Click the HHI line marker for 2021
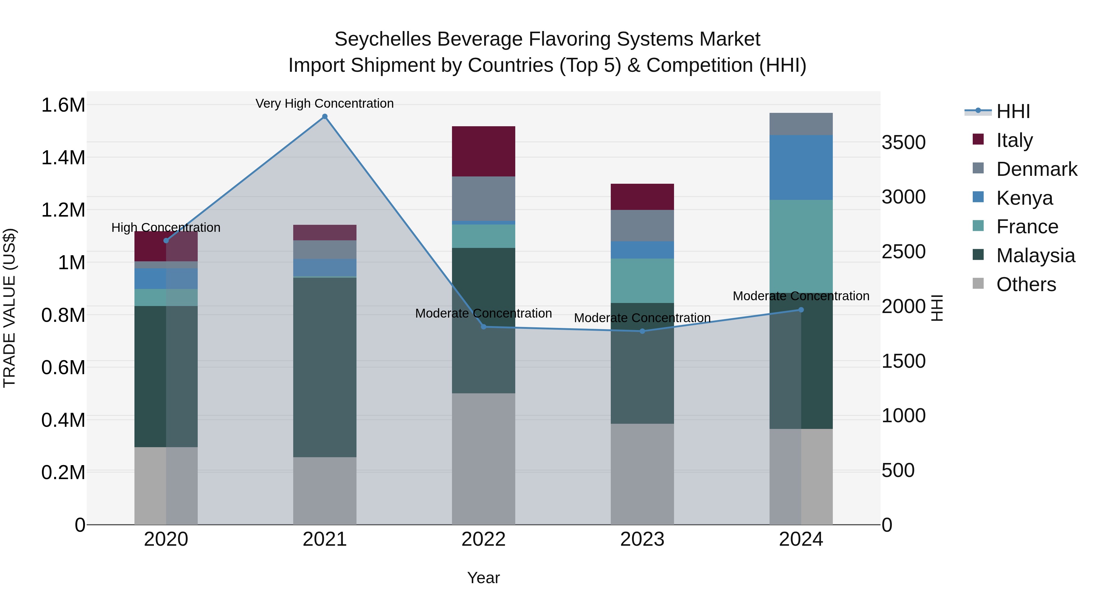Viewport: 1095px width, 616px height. [325, 117]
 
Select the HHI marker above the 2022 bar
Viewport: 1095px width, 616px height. [483, 326]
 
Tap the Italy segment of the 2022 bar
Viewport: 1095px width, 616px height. [483, 151]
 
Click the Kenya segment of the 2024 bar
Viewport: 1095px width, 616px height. [801, 168]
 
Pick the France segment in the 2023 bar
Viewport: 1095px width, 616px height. [642, 280]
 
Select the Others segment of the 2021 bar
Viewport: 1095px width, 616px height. [325, 491]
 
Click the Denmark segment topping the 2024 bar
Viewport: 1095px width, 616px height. [801, 124]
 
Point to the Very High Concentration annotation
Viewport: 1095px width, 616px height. [325, 103]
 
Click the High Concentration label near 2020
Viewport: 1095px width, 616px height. [166, 228]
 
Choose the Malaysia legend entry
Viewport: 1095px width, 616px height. [1035, 256]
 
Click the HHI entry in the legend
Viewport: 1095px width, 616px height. [1013, 111]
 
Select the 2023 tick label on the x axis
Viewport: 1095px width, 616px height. [642, 539]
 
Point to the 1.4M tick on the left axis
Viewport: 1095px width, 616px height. [63, 158]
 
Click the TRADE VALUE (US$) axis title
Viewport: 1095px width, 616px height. [9, 308]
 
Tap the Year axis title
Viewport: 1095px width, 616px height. [483, 578]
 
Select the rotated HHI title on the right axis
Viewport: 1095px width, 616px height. [937, 308]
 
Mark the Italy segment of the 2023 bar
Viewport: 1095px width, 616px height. [642, 197]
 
